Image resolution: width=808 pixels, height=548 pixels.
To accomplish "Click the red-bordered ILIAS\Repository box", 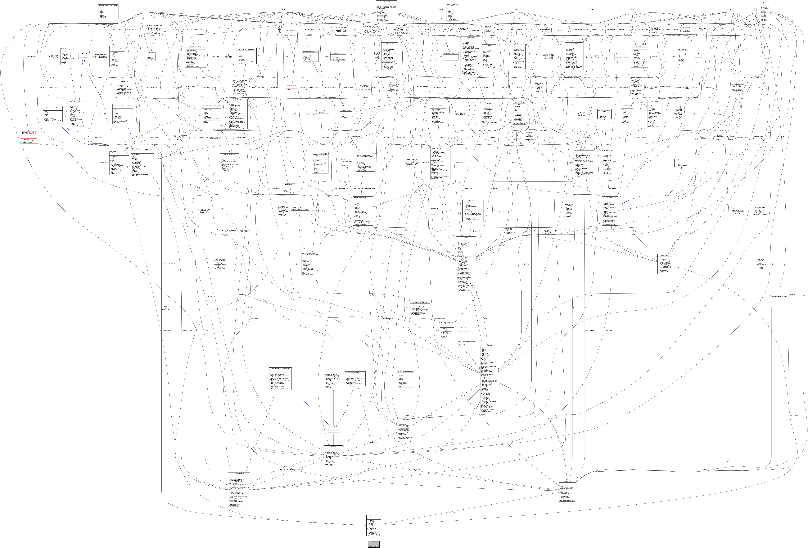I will pyautogui.click(x=291, y=85).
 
